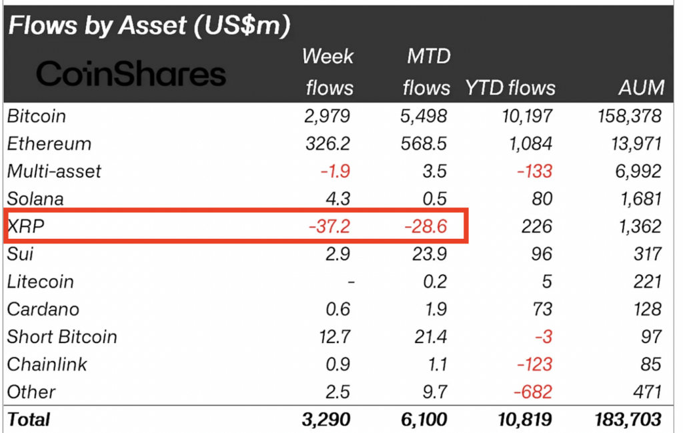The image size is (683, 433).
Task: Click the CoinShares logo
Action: tap(131, 73)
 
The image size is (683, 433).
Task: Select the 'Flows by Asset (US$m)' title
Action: tap(149, 26)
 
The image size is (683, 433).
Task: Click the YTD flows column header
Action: tap(510, 87)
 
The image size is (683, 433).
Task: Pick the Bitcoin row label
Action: tap(37, 116)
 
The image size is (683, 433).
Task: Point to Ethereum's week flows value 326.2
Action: tap(329, 143)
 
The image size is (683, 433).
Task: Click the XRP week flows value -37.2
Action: tap(330, 226)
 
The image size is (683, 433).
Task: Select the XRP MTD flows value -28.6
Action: tap(426, 226)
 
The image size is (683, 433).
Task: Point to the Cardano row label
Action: tap(43, 310)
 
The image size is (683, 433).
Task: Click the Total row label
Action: tap(29, 420)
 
